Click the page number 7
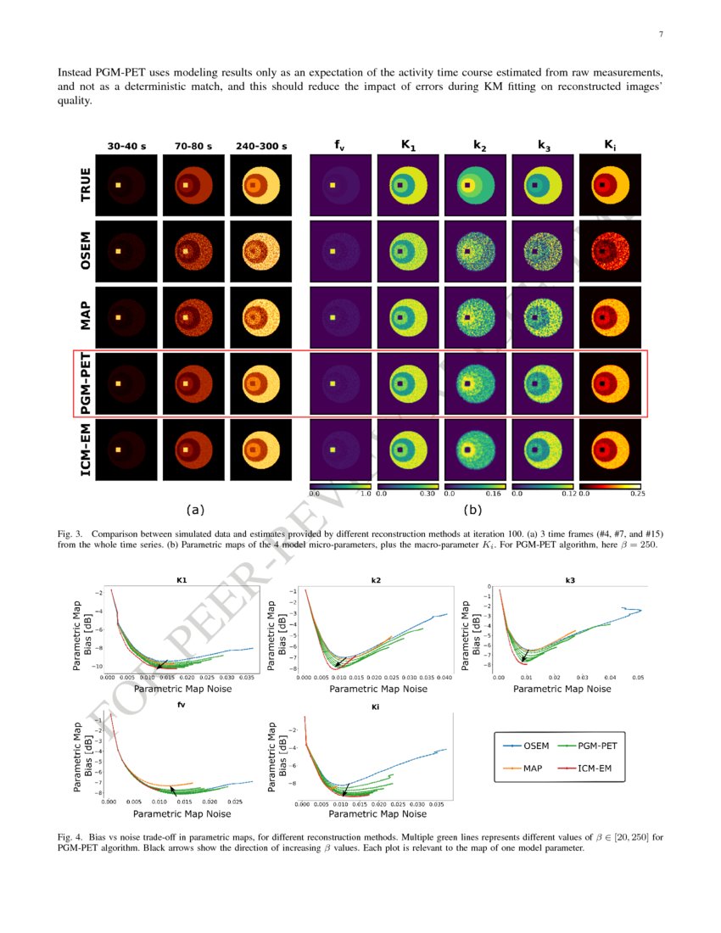point(659,35)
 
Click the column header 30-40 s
point(126,146)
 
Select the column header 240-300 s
point(261,146)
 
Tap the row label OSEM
point(86,251)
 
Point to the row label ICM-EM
point(86,450)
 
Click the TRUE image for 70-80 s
point(193,185)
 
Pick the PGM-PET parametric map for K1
point(406,383)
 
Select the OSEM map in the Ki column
point(608,251)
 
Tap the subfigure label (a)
point(195,510)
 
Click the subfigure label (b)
point(473,511)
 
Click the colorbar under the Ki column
point(608,486)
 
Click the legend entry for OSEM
point(531,746)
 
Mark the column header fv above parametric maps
point(339,146)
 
